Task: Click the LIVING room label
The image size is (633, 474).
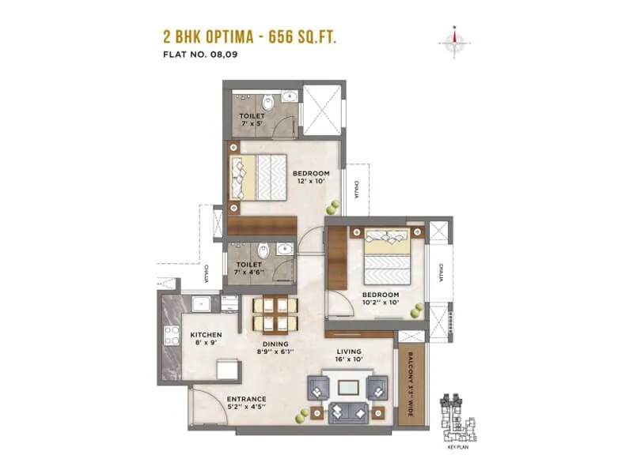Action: click(348, 352)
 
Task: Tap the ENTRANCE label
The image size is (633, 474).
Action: click(245, 399)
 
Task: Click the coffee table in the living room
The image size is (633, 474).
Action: click(347, 388)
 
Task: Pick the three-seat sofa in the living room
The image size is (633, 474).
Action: click(347, 412)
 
